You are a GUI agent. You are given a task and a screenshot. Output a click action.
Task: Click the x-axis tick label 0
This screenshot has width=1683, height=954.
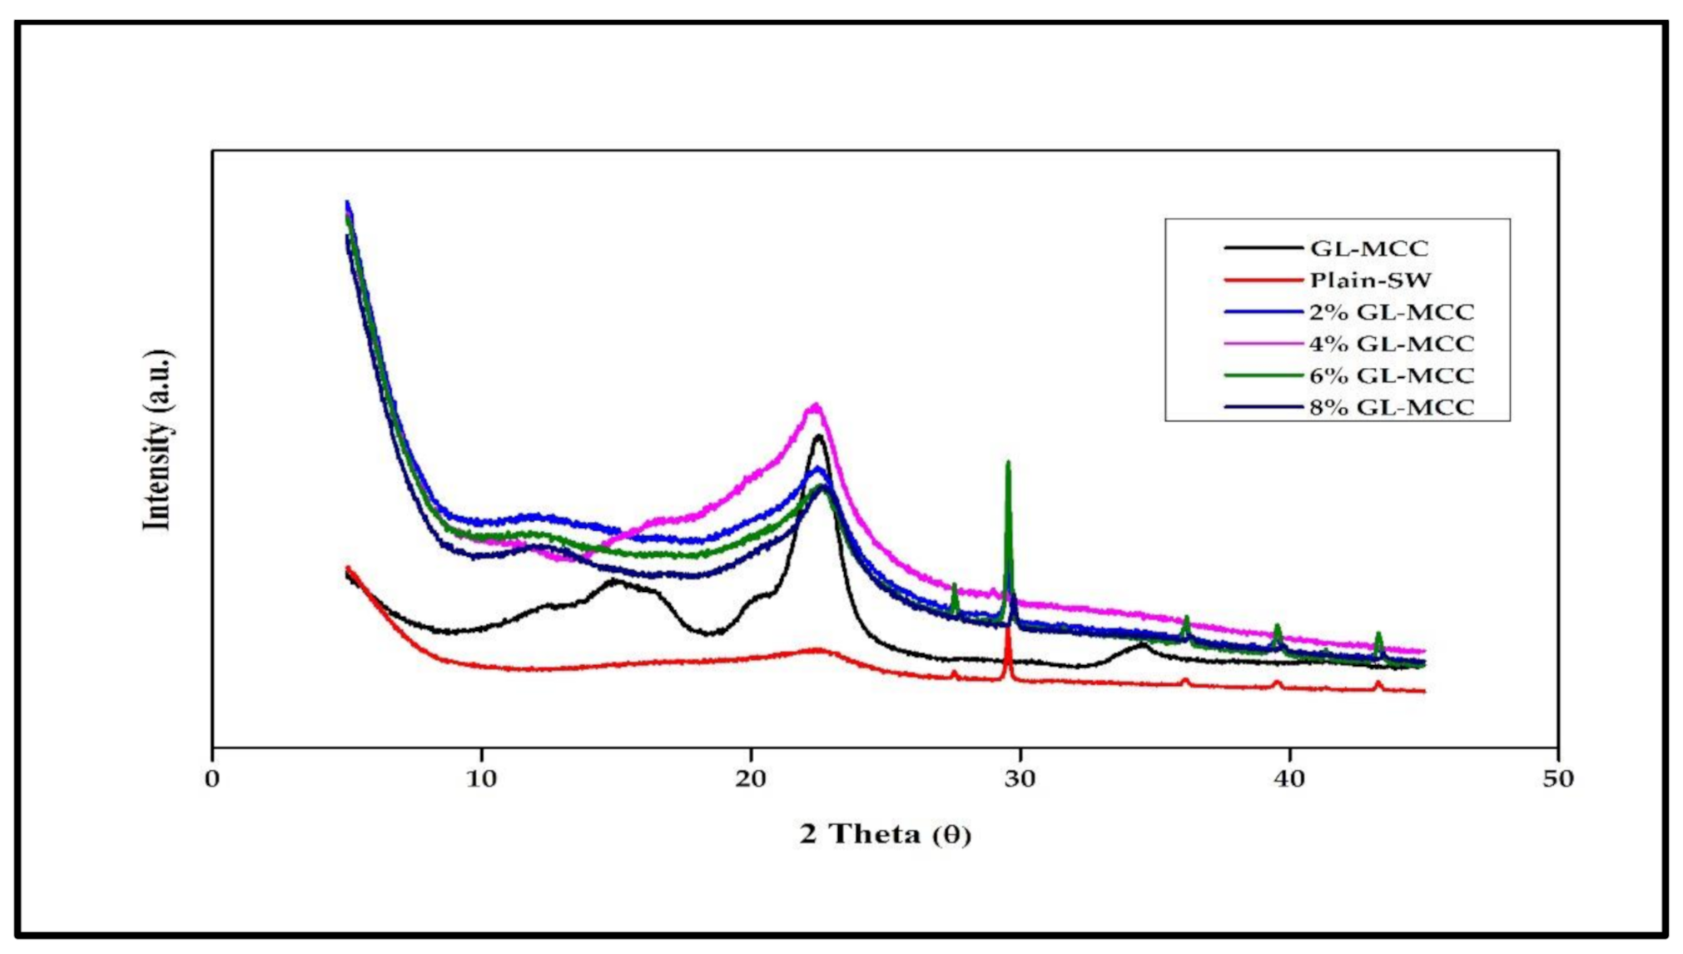[212, 780]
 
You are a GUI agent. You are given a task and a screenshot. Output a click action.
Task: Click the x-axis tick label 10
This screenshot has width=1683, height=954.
[481, 780]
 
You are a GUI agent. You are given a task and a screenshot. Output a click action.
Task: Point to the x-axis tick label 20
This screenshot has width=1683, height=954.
[751, 780]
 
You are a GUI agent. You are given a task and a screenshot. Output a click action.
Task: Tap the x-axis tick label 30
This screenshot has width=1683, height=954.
[1020, 780]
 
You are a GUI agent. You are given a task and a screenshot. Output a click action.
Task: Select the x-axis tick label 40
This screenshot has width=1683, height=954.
[1289, 780]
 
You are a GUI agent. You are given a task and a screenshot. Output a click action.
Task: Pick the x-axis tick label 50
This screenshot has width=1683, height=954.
[1558, 780]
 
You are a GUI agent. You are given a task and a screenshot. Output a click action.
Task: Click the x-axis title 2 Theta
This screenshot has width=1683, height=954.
[885, 834]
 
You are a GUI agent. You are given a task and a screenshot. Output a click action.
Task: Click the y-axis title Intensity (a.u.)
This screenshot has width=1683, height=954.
[158, 440]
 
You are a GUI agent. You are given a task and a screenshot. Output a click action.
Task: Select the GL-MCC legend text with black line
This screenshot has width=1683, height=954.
[1369, 249]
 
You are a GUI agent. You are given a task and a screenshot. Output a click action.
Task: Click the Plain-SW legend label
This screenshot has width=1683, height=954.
[1370, 281]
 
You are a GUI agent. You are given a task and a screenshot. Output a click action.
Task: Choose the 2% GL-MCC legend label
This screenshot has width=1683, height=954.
[1391, 312]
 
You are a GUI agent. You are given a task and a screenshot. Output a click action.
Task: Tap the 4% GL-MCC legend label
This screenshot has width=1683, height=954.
[1391, 344]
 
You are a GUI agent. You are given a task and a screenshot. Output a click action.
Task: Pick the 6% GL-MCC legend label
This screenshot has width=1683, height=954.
[1391, 375]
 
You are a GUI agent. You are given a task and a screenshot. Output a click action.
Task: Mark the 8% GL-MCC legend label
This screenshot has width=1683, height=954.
[1391, 407]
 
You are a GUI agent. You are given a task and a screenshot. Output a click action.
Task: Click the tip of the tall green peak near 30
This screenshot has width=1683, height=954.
[1008, 463]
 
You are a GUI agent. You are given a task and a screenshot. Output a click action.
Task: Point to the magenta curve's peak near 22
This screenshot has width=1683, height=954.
[816, 406]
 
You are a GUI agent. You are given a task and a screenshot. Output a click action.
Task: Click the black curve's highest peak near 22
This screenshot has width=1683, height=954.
[819, 436]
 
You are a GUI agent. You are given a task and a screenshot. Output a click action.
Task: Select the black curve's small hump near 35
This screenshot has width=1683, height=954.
[1142, 645]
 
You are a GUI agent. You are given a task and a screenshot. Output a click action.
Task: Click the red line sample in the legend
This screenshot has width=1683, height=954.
[1263, 281]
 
